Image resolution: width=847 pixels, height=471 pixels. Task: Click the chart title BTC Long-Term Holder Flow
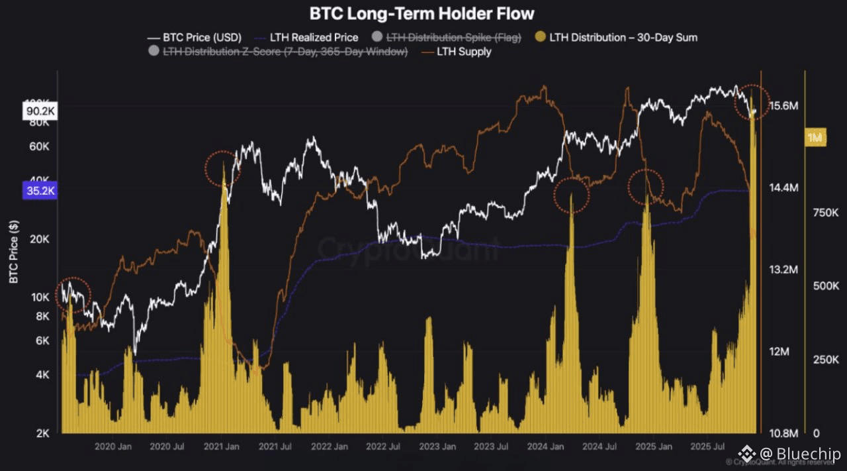point(422,13)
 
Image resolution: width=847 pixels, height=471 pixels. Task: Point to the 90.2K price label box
point(40,111)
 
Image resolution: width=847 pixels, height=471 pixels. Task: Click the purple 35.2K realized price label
point(40,191)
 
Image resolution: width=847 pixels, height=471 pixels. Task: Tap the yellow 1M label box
point(815,137)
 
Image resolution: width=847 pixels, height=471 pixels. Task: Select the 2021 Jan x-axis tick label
point(222,446)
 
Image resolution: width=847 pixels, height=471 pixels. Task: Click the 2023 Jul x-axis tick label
point(492,446)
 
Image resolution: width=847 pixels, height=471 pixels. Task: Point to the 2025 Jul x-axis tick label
point(708,446)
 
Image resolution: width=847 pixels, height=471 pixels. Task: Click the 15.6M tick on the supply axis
point(785,106)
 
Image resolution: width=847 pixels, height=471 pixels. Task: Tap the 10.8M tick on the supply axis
point(785,433)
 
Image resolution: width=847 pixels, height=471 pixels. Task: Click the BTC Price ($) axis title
point(14,252)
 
